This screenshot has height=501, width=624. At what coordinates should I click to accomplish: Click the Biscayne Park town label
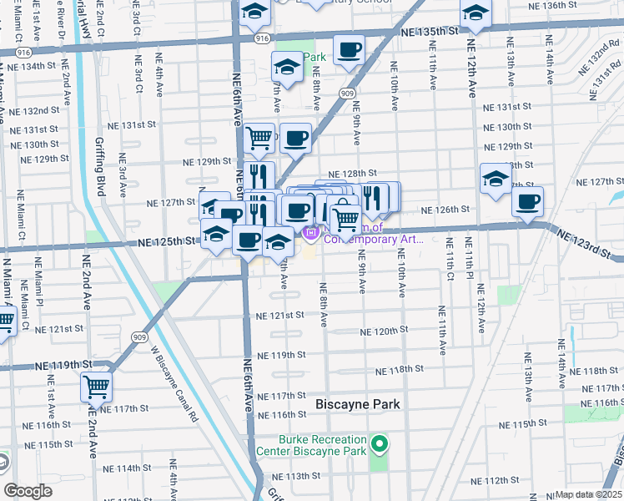coord(358,404)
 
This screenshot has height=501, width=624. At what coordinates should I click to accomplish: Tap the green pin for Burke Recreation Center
coord(379,443)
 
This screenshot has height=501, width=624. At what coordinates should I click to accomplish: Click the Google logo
coord(28,491)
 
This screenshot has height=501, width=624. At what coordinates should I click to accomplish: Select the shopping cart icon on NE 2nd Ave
coord(97,387)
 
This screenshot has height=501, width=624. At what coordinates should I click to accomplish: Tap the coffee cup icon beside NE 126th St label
coord(527,201)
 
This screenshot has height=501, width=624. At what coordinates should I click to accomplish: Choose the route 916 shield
coord(261,38)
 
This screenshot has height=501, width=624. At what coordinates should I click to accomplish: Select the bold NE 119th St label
coord(63,365)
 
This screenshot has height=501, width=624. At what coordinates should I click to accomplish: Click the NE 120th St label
coord(384,331)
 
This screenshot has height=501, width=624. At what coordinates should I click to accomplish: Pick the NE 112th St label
coord(496,481)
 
